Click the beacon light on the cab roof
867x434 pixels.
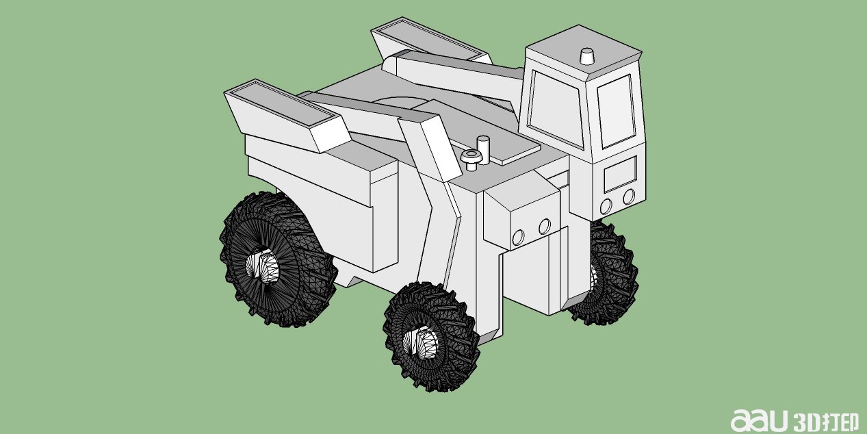(586, 56)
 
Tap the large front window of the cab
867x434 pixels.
(556, 108)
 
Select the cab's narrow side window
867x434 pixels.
(616, 112)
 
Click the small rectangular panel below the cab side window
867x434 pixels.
(620, 174)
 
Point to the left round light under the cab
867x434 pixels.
(606, 206)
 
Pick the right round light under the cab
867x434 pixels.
(629, 197)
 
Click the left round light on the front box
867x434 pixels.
(518, 238)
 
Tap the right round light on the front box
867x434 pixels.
(545, 227)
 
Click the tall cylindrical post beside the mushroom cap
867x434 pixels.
(483, 150)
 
